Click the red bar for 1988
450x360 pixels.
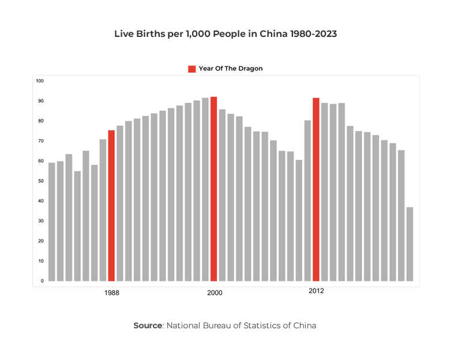tap(111, 205)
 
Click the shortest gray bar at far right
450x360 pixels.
tap(410, 244)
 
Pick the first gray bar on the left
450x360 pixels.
tap(52, 222)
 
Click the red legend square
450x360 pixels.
tap(192, 69)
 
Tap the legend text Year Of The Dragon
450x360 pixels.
tap(230, 69)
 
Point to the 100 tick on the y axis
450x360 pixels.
tap(40, 81)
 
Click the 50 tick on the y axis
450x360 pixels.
tap(40, 181)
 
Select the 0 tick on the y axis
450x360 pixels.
tap(42, 281)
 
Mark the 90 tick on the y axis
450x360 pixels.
tap(40, 101)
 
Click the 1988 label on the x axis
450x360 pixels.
tap(112, 293)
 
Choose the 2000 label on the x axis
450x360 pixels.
tap(215, 293)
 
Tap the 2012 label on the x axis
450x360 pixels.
tap(316, 291)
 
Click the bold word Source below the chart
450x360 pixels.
tap(148, 325)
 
